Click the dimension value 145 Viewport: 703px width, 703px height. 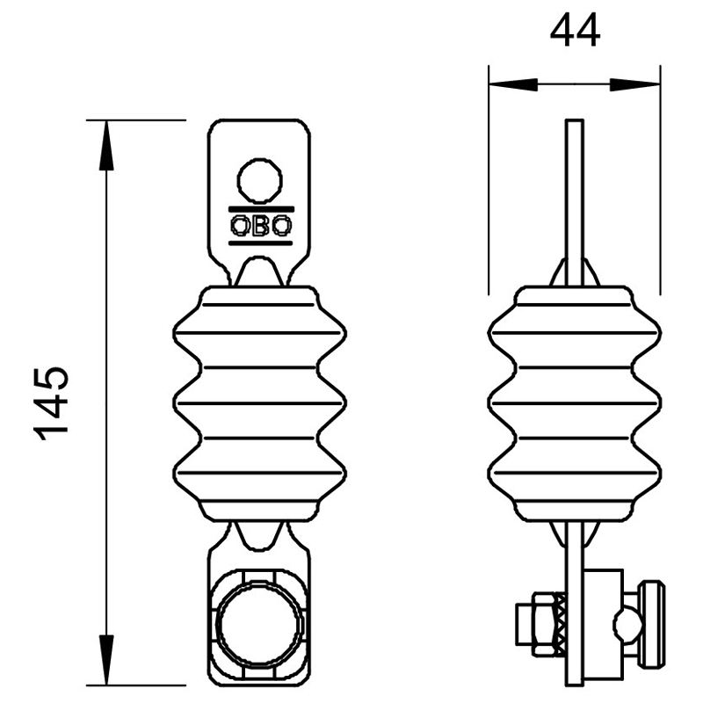tap(51, 404)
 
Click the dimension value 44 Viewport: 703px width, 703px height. tap(575, 31)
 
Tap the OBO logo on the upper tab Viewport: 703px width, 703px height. tap(261, 226)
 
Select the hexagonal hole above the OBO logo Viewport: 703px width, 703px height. tap(259, 180)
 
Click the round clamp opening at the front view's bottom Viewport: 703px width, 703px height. tap(259, 625)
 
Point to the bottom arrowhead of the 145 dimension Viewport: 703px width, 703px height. tap(105, 660)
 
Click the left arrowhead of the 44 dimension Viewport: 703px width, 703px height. tap(513, 83)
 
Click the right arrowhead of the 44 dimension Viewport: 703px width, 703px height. tap(634, 83)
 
